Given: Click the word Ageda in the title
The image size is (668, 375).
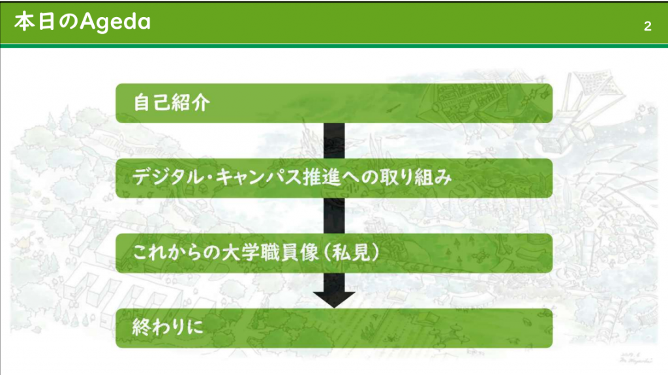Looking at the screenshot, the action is coord(115,22).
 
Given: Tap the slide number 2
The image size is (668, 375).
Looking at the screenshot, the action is coord(648,27).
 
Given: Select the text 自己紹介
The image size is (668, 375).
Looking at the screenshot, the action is coord(172,102).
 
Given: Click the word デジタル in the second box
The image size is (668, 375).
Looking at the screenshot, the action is coord(168,177).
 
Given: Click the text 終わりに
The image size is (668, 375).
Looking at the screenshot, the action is coord(168,327).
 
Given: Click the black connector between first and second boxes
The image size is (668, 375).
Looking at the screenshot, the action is coord(334,141).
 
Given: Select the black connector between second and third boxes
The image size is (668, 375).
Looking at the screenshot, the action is coord(334,216).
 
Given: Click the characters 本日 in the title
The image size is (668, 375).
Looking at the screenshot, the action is coord(35,22).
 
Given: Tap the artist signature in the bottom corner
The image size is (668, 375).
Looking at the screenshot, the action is coord(635,357).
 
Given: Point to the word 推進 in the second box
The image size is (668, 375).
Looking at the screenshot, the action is coord(322,177).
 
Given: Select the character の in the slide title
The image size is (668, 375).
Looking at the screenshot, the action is coord(68,22).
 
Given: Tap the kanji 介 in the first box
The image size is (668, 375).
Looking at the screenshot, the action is coord(201,102).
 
